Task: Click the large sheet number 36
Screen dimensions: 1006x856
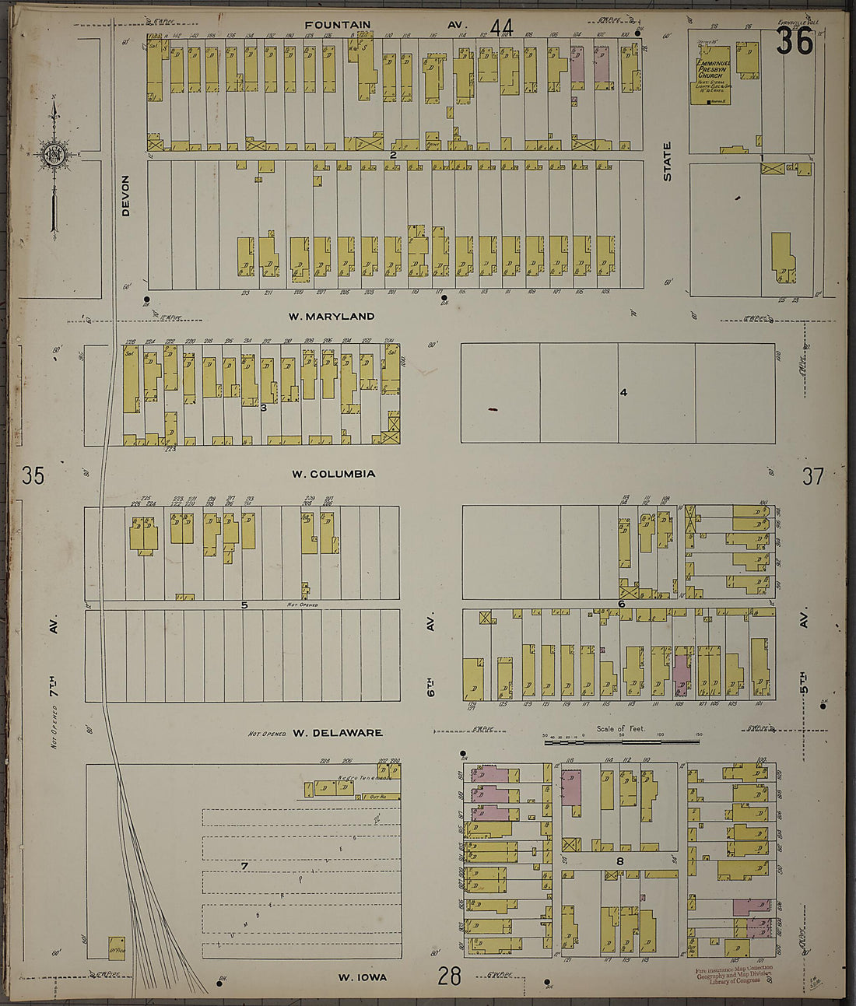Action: (x=794, y=41)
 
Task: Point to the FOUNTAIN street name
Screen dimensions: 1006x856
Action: (x=337, y=25)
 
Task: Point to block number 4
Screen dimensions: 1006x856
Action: (x=623, y=392)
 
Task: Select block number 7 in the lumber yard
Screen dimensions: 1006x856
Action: (x=244, y=866)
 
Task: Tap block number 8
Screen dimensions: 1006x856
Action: (x=620, y=861)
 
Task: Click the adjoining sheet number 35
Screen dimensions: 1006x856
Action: (x=33, y=475)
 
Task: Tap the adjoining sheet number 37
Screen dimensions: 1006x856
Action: (x=812, y=476)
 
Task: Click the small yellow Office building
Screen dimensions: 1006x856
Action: (x=116, y=948)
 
